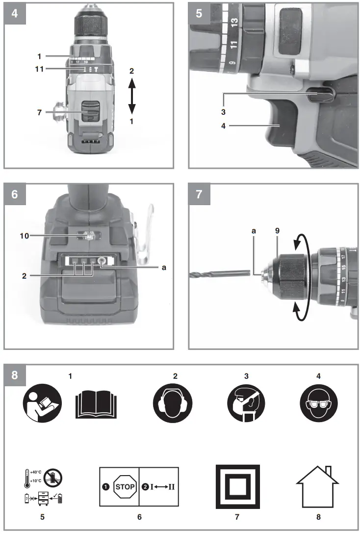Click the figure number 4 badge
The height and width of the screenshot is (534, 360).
pos(14,13)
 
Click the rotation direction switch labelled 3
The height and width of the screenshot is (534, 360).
pos(322,95)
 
